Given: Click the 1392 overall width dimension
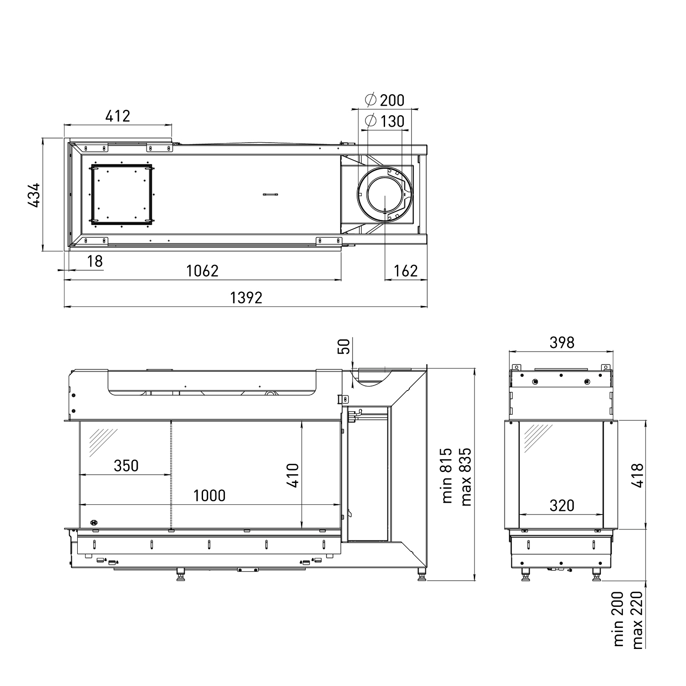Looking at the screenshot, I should tap(246, 298).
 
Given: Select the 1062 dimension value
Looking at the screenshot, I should tap(202, 271).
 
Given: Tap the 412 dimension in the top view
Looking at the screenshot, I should tap(118, 116).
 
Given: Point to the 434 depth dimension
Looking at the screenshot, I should tap(34, 195).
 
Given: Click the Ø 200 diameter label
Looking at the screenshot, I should tap(385, 100).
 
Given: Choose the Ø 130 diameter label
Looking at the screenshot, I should tap(385, 121).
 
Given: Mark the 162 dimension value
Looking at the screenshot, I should tap(406, 271).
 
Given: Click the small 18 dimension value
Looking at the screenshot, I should tap(95, 261).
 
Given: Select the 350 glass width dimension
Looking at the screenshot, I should tap(126, 466).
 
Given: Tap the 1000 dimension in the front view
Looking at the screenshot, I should tap(209, 495).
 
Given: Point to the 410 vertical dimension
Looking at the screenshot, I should tap(293, 476).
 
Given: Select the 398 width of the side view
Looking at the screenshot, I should tap(561, 342).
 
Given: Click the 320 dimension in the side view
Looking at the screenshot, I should tap(561, 505).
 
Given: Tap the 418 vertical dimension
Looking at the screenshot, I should tap(637, 476).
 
